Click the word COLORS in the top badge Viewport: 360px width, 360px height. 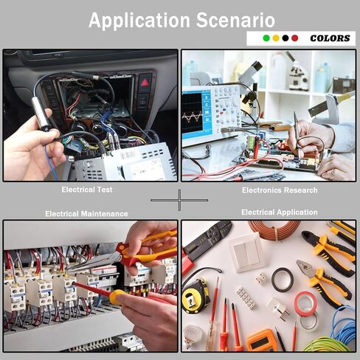pyautogui.click(x=330, y=38)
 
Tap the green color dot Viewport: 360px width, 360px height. pyautogui.click(x=266, y=38)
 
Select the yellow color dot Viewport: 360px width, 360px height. pyautogui.click(x=276, y=38)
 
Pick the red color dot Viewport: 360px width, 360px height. pyautogui.click(x=295, y=38)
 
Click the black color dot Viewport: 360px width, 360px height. pyautogui.click(x=285, y=38)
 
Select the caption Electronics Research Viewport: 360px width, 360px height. pyautogui.click(x=280, y=190)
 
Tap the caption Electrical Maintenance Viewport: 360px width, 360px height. pyautogui.click(x=86, y=214)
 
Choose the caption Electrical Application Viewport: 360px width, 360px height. pyautogui.click(x=280, y=212)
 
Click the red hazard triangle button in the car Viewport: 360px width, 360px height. pyautogui.click(x=142, y=81)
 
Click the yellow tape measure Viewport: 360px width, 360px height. pyautogui.click(x=195, y=296)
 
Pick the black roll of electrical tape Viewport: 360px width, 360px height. pyautogui.click(x=282, y=280)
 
